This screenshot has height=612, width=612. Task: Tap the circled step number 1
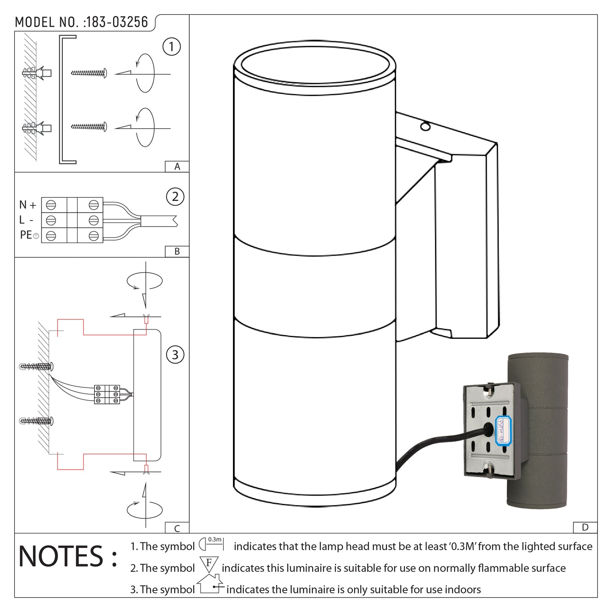(x=172, y=47)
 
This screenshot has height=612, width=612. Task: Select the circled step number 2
(x=175, y=197)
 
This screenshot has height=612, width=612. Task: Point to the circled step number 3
(x=175, y=354)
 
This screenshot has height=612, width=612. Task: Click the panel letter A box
(x=177, y=167)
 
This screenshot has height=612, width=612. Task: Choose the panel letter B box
(x=177, y=252)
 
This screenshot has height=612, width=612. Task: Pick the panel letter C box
(x=177, y=528)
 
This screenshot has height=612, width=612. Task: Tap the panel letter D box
(x=585, y=527)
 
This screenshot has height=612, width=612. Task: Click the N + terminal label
(x=28, y=205)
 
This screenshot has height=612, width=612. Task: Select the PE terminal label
(x=26, y=235)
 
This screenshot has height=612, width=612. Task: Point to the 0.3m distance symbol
(x=211, y=543)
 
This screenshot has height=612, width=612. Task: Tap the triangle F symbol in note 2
(x=209, y=565)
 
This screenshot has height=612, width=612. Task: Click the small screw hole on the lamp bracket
(x=425, y=126)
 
